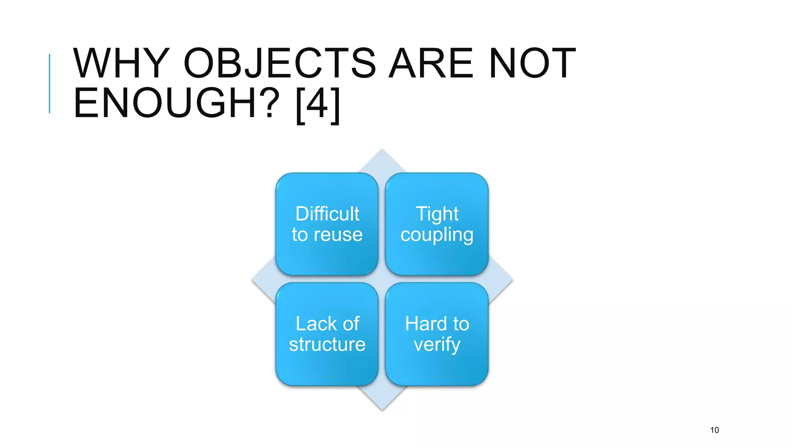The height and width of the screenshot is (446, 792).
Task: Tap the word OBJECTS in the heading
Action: tap(280, 63)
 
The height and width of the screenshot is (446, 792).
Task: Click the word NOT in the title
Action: tap(532, 63)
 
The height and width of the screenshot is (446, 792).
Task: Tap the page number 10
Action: tap(714, 430)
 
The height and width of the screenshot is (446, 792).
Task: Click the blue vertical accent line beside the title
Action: tap(49, 83)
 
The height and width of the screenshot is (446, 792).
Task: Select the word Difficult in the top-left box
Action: tap(327, 214)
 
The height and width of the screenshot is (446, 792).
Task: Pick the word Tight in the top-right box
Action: tap(437, 214)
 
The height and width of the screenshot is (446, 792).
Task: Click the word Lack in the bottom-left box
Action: tap(311, 324)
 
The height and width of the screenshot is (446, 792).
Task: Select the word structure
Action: tap(327, 345)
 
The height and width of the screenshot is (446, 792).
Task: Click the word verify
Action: tap(437, 345)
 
